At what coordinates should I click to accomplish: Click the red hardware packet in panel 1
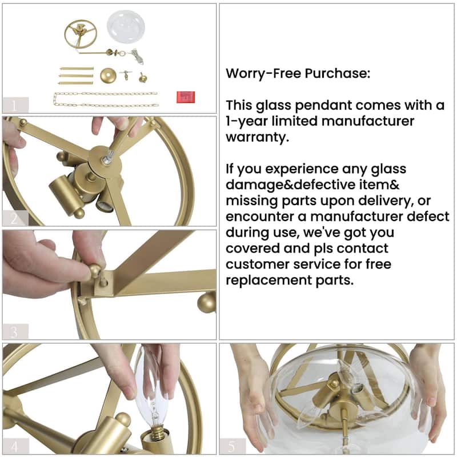pos(186,97)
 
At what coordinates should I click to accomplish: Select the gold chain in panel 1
pos(106,99)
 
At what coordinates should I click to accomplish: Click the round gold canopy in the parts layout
pos(108,75)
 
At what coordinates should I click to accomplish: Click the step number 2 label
pos(14,219)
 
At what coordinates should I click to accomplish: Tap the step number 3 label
pos(14,332)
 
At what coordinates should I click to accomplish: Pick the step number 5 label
pos(232,446)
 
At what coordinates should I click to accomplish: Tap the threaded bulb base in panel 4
pos(159,431)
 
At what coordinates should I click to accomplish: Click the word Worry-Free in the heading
pos(263,73)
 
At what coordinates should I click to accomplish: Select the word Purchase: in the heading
pos(338,73)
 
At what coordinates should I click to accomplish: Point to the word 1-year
pos(247,121)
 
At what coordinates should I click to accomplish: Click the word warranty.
pos(258,137)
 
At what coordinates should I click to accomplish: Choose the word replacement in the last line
pos(268,280)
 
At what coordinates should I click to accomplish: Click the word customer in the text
pos(258,264)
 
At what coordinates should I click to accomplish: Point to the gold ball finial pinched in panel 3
pos(95,271)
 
